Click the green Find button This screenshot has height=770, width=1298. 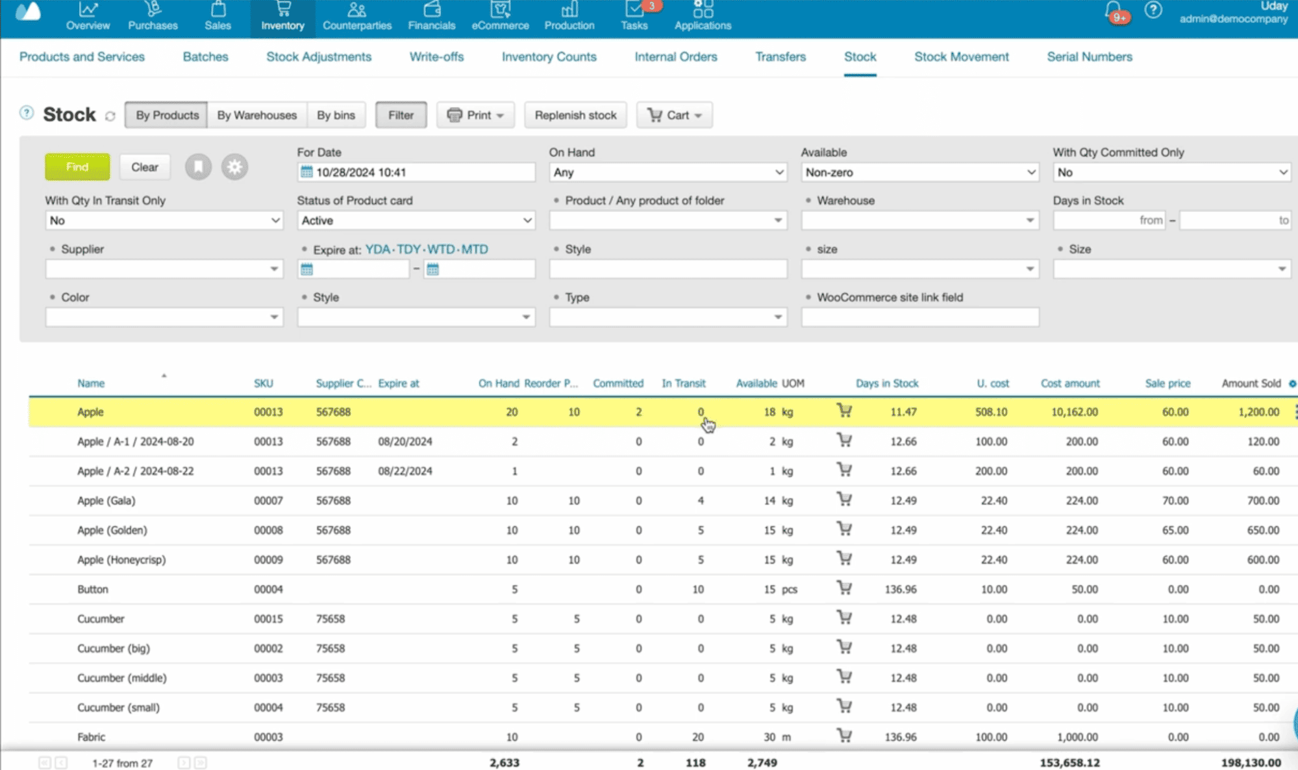(x=77, y=167)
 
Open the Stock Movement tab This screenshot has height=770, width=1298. (x=961, y=56)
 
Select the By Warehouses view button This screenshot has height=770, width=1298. (x=256, y=115)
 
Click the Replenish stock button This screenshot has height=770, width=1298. (x=575, y=115)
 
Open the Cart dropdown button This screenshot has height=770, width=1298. (x=674, y=115)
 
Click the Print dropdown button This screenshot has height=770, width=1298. (x=475, y=115)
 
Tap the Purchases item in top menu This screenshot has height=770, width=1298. (x=153, y=17)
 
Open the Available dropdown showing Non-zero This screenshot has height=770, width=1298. (x=919, y=172)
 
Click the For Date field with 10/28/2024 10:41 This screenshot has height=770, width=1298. (x=416, y=172)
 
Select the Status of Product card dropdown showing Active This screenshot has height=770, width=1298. (x=416, y=221)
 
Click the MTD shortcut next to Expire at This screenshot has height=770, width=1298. (x=475, y=249)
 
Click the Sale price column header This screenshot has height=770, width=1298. (x=1167, y=383)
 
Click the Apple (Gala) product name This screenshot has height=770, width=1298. (x=106, y=500)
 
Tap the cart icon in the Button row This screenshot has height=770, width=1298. (x=844, y=588)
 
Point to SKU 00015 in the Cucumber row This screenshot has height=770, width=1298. (x=268, y=619)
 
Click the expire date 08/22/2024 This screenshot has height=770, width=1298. (x=405, y=471)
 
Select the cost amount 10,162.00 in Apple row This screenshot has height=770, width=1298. (x=1074, y=412)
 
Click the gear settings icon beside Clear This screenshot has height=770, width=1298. (x=234, y=167)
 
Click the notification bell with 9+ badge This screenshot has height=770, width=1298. (x=1113, y=11)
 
